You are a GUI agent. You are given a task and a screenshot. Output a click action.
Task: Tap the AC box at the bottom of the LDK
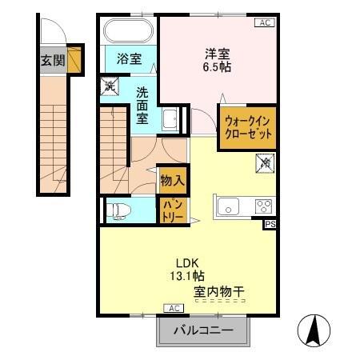tap(172, 307)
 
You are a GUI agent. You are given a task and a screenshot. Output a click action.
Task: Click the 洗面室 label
tap(142, 104)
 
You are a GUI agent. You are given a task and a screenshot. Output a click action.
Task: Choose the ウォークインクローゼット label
tap(248, 127)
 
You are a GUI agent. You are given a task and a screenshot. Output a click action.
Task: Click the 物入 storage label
tap(171, 180)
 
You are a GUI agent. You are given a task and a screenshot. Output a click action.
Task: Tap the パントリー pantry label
tap(173, 210)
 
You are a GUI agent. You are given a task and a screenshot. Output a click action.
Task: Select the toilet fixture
tap(118, 211)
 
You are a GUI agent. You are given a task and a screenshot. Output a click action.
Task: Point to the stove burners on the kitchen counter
tap(263, 206)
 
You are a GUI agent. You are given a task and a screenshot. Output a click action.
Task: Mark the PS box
tap(270, 225)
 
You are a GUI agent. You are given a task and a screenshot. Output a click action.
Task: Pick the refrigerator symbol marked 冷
tap(264, 163)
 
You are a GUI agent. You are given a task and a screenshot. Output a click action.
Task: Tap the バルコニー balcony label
tap(204, 330)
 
